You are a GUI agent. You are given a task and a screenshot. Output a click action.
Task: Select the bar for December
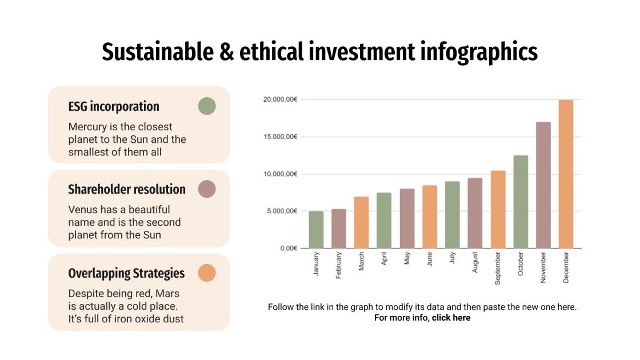point(566,174)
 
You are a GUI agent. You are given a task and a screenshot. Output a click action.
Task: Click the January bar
point(316,230)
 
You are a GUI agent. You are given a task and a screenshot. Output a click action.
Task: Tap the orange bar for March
point(361,222)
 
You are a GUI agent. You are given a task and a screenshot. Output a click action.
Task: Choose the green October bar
point(521,202)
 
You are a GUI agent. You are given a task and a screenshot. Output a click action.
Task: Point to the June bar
point(430,217)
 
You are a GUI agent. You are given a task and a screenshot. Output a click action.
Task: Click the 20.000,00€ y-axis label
point(280,99)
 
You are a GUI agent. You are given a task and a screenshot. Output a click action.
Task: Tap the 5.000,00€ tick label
point(282,211)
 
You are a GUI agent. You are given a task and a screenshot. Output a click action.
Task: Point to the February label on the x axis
point(339,266)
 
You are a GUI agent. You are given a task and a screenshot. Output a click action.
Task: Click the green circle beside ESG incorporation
point(207,106)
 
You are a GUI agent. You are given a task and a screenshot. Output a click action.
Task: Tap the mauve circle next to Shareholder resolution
point(207,189)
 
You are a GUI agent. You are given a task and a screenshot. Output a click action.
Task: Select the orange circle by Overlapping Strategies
point(207,273)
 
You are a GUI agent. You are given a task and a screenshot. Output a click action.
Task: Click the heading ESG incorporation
point(114,107)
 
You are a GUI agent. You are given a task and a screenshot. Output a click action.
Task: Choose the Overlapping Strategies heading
point(126,274)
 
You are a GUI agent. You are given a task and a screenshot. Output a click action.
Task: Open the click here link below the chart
point(451,318)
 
